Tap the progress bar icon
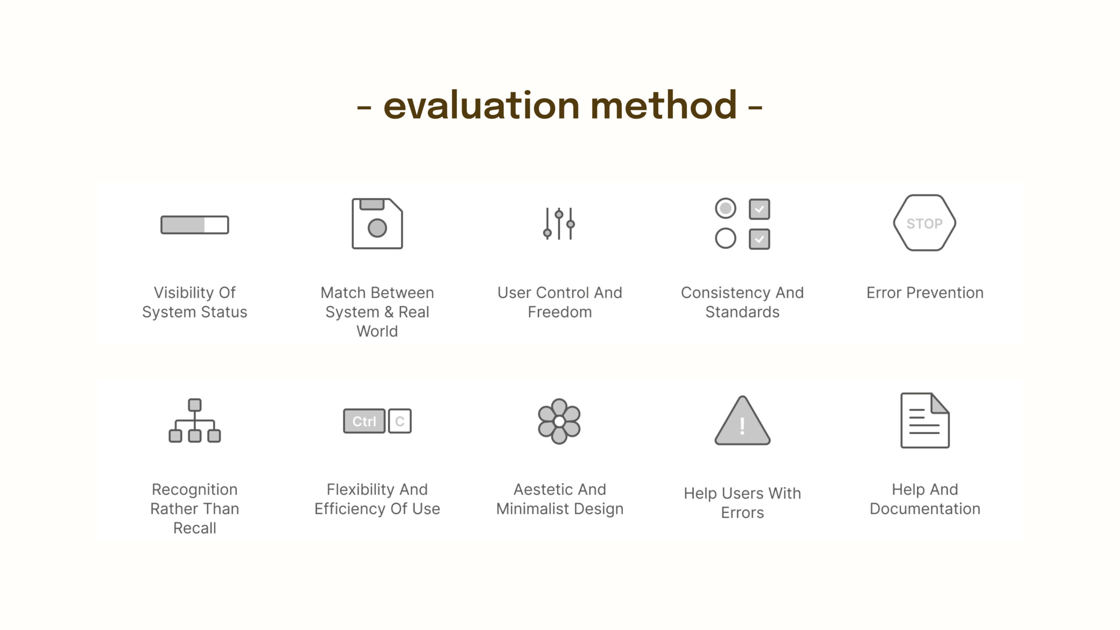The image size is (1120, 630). (x=195, y=225)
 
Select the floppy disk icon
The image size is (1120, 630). (x=377, y=224)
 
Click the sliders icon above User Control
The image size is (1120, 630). (x=559, y=224)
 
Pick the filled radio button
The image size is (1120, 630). (x=725, y=208)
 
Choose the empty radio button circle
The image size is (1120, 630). (x=725, y=238)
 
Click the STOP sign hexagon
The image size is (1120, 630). (x=924, y=223)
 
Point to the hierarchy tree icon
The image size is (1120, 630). (x=195, y=420)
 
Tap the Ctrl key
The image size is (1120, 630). (x=364, y=421)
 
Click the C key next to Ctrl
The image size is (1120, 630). (x=400, y=421)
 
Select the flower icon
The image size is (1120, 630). (x=559, y=421)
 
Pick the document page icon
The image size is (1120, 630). (x=925, y=420)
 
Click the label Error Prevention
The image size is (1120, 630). (x=925, y=292)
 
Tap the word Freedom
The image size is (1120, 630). (x=560, y=312)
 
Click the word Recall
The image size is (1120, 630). (x=195, y=528)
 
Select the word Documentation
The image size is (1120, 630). (x=925, y=509)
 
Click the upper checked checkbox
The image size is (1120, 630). (x=759, y=209)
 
